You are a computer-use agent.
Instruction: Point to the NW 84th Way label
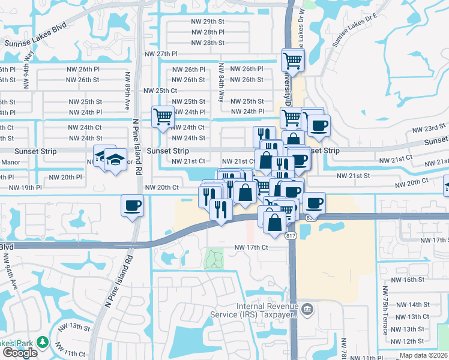coord(221,82)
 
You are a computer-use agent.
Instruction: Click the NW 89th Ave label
coord(127,91)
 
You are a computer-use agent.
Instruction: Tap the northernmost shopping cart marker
coord(292,59)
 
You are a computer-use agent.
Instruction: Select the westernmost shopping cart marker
coord(163,116)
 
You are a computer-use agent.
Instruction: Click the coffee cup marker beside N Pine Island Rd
coord(132,205)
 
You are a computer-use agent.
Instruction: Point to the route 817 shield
coord(291,236)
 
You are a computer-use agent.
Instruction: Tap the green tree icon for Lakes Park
coord(43,342)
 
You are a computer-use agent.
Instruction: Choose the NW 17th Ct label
coord(258,247)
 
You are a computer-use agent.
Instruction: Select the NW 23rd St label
coord(430,129)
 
